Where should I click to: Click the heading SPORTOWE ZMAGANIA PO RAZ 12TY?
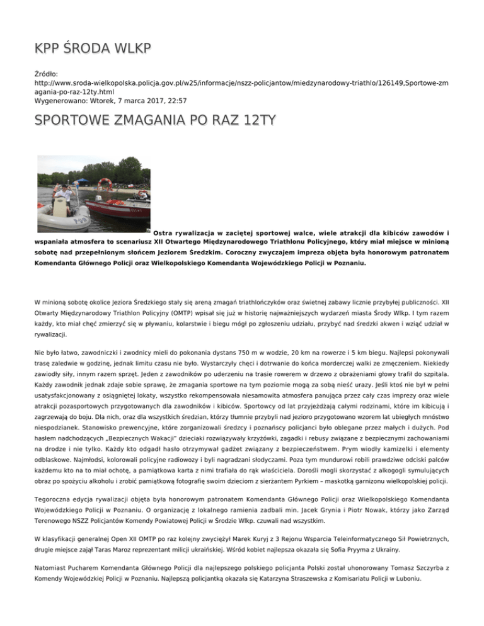pyautogui.click(x=154, y=119)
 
